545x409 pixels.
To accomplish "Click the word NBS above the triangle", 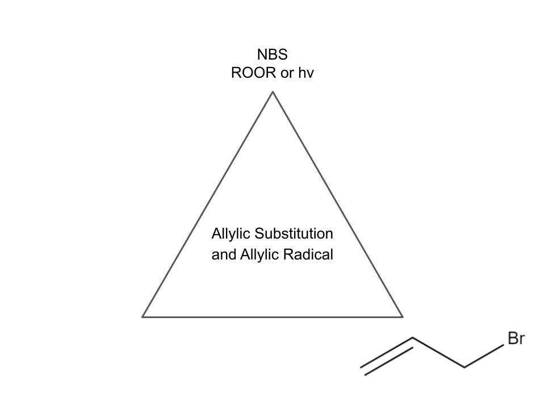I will tap(272, 55).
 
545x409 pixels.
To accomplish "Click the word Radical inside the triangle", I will tap(310, 254).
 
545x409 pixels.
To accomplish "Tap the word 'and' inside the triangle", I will tap(223, 254).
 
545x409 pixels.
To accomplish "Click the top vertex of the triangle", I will tap(272, 92).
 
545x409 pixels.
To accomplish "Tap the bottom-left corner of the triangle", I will tap(142, 316).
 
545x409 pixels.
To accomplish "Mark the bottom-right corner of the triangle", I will tap(403, 316).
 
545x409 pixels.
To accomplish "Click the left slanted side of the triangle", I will tap(208, 204).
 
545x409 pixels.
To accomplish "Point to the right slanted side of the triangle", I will tap(338, 204).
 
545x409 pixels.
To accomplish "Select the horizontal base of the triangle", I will tap(272, 316).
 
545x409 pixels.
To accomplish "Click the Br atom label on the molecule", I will tap(515, 340).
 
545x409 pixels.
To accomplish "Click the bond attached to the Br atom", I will tap(484, 356).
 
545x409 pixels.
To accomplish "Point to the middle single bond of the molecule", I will tap(438, 353).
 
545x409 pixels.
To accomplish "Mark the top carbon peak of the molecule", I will tap(413, 339).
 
